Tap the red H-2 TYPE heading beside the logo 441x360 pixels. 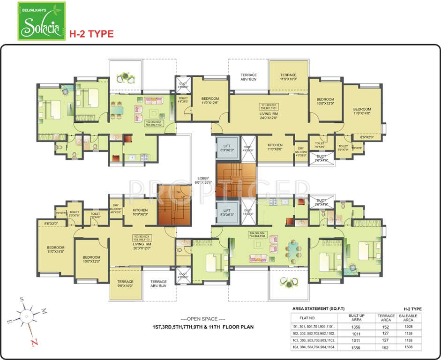coord(91,34)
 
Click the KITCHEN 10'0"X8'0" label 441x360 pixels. coord(140,212)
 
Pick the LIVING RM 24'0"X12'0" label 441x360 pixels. coord(269,115)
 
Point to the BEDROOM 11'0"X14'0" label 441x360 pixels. coord(56,249)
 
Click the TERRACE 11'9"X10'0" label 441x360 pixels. coord(288,77)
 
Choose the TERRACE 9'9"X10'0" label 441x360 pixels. coord(125,284)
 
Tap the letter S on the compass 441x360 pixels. coord(21,298)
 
